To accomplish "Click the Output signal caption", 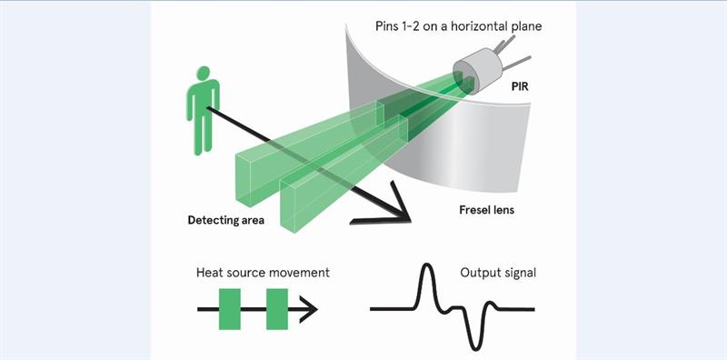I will pyautogui.click(x=499, y=272).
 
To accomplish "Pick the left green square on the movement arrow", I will pyautogui.click(x=230, y=309).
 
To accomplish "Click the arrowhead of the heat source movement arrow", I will pyautogui.click(x=310, y=309).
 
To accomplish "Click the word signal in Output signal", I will pyautogui.click(x=519, y=272).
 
